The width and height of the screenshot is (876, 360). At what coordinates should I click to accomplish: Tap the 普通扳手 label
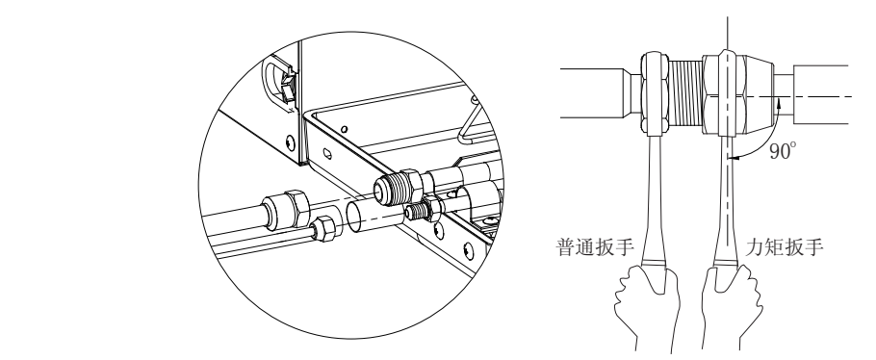coord(592,245)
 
